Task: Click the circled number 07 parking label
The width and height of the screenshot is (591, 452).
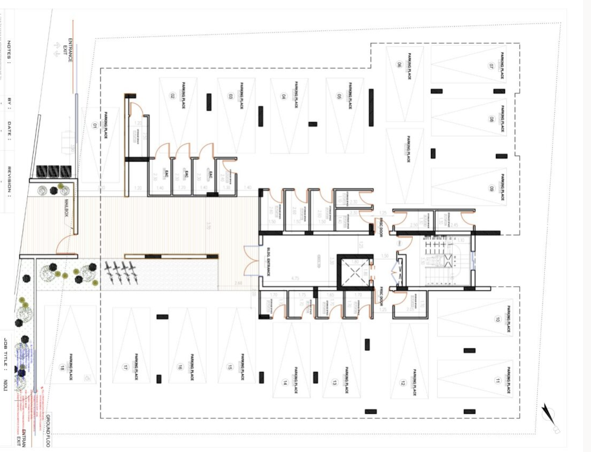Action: click(x=492, y=66)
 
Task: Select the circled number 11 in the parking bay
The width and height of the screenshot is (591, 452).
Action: click(x=497, y=380)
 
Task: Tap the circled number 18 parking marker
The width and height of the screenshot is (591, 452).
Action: click(x=62, y=367)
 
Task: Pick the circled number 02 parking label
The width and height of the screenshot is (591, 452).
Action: click(x=172, y=96)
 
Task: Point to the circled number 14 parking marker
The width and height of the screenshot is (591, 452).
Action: click(x=285, y=382)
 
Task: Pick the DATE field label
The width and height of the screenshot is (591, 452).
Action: click(x=9, y=130)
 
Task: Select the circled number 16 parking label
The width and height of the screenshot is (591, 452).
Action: click(x=180, y=367)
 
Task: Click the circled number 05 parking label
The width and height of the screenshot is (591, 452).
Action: click(x=338, y=96)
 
